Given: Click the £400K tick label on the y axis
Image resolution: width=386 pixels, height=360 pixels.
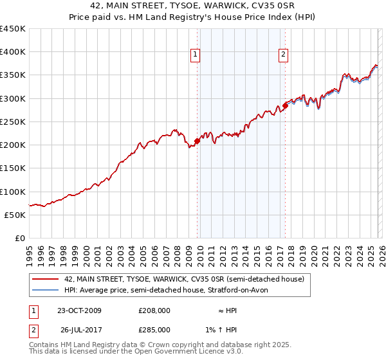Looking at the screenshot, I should [13, 52].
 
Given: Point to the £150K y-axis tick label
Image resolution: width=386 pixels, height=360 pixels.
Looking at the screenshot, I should [13, 168].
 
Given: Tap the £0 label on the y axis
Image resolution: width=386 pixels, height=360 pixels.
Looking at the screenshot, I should [19, 238].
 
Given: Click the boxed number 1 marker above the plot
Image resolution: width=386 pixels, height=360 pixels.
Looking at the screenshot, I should [195, 55].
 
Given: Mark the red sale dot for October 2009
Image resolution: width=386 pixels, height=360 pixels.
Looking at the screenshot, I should [197, 141].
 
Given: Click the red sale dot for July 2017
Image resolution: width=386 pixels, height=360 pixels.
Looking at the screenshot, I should [285, 105].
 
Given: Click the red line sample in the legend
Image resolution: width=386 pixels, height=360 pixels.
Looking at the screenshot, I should [45, 279].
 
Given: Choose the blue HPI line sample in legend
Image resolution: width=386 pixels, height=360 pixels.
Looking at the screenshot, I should [45, 290].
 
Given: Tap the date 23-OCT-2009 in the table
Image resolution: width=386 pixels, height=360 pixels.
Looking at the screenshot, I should [79, 310].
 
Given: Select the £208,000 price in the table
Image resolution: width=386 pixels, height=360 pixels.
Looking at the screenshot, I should [154, 310].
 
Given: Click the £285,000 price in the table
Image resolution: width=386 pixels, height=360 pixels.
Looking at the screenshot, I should [154, 330].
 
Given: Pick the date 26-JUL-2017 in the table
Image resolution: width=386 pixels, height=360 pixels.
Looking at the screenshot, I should [79, 330].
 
